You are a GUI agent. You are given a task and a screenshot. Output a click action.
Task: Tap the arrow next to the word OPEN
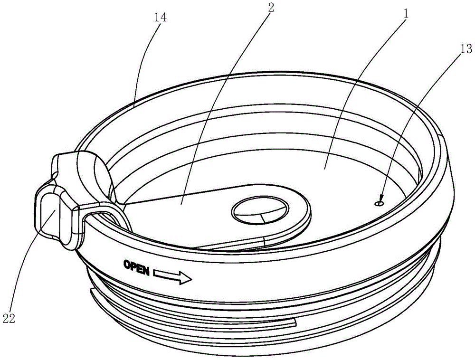172,276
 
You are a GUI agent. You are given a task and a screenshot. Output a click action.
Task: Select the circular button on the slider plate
260,210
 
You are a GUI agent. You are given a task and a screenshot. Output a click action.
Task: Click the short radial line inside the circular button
261,218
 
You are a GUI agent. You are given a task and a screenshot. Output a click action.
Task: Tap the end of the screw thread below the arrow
295,323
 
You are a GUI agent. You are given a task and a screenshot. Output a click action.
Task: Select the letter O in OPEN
126,264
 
